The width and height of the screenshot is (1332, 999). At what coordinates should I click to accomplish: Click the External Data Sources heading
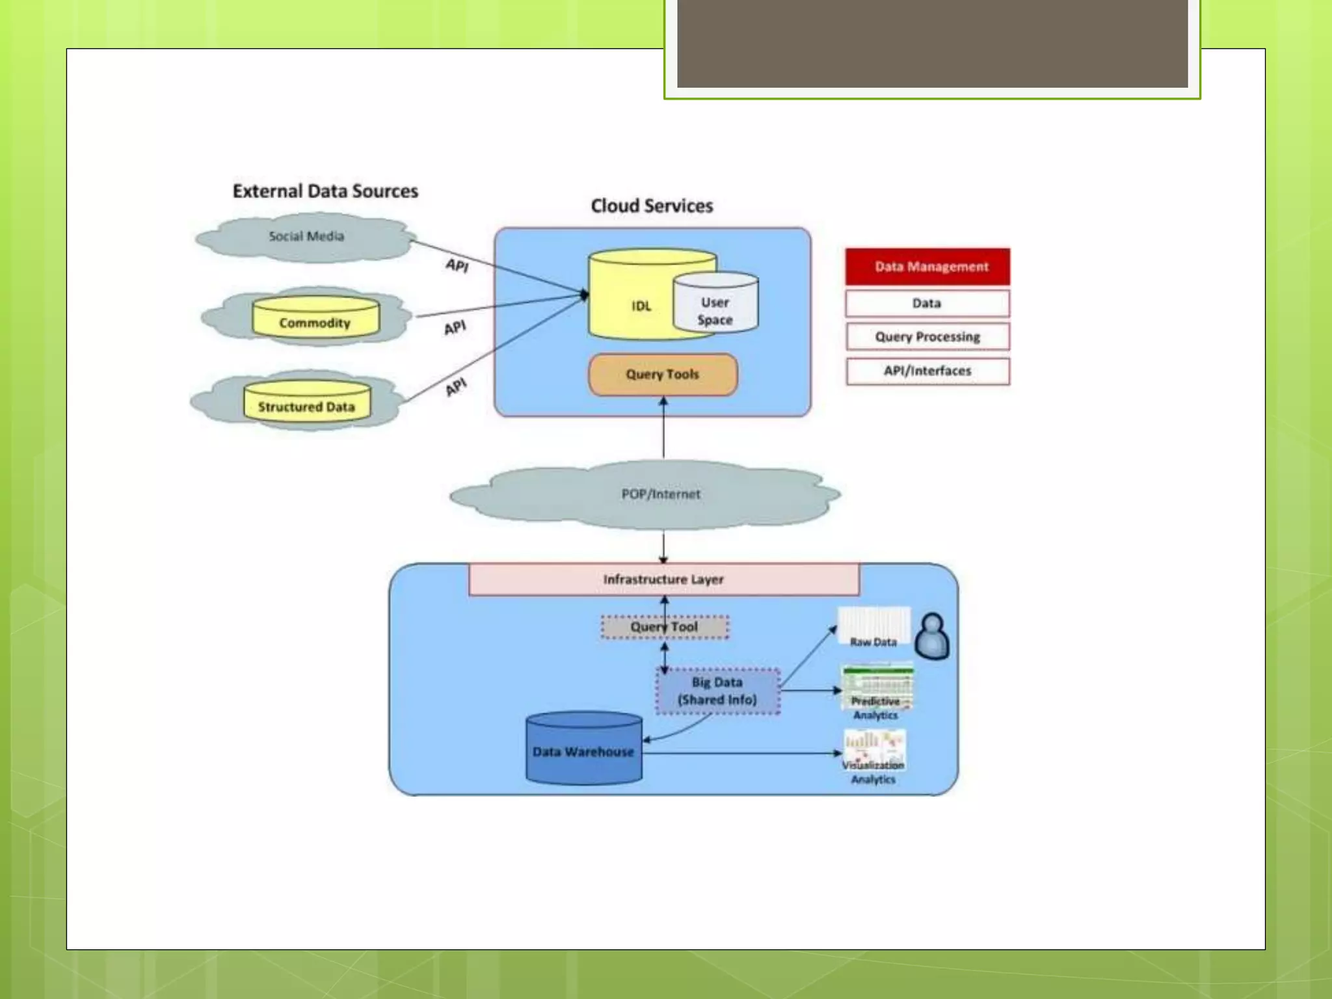[325, 191]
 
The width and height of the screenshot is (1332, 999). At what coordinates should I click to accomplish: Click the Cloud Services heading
[652, 206]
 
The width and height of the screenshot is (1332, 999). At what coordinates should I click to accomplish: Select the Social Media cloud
[306, 237]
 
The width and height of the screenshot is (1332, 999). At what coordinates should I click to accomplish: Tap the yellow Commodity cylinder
[315, 318]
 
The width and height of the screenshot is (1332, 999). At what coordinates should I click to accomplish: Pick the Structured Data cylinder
[307, 402]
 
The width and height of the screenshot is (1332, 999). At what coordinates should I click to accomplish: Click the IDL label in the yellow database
[641, 306]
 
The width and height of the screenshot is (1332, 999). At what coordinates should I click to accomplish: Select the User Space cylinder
[715, 306]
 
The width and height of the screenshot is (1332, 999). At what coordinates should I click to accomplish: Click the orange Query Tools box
[663, 375]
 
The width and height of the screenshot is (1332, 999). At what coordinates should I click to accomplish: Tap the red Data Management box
[927, 267]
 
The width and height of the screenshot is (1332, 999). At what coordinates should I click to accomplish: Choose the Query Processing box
[927, 337]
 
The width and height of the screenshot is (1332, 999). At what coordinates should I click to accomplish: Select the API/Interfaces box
[927, 371]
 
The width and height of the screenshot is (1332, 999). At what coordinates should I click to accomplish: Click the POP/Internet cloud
[661, 494]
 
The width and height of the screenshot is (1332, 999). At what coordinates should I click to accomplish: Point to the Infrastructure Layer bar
[663, 579]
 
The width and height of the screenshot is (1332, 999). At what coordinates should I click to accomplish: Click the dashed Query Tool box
[664, 627]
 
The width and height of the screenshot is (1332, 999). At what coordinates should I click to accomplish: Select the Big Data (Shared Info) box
[717, 691]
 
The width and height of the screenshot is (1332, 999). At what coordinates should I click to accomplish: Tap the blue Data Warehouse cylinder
[583, 749]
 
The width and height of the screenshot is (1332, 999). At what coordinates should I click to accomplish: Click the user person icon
[932, 636]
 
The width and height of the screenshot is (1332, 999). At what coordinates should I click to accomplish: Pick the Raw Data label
[873, 642]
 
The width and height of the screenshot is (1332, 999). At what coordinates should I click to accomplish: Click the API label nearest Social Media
[457, 265]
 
